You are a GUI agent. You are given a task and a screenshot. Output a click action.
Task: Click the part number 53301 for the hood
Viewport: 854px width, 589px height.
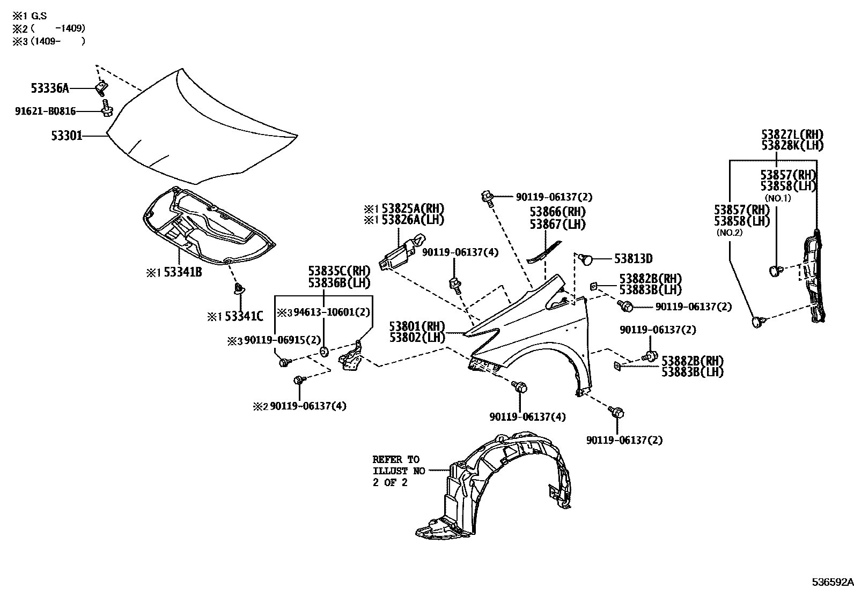tap(67, 136)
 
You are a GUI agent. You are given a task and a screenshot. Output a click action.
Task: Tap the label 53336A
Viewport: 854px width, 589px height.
tap(49, 88)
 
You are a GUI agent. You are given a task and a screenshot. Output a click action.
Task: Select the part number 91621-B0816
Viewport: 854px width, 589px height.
tap(45, 111)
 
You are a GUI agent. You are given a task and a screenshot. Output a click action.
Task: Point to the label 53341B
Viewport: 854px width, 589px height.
tap(182, 272)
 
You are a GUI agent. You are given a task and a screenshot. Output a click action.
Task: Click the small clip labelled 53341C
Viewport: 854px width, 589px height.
tap(238, 291)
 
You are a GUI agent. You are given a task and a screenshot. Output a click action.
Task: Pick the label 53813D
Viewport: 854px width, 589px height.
tap(633, 259)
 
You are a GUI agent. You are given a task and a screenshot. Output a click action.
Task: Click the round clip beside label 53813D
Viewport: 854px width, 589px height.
tap(587, 260)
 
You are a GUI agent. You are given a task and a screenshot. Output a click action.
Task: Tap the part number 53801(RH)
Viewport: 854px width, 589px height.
tap(417, 326)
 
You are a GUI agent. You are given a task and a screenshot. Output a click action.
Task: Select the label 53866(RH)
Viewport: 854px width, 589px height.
tap(557, 212)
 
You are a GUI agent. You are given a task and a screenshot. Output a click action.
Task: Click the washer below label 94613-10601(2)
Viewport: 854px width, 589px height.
tap(325, 352)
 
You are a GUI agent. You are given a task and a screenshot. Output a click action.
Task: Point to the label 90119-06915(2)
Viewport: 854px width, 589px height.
tap(282, 340)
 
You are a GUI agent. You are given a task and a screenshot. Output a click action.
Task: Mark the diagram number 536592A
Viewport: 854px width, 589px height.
tap(832, 581)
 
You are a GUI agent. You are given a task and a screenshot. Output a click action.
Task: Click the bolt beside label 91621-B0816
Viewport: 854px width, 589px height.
tap(106, 110)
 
